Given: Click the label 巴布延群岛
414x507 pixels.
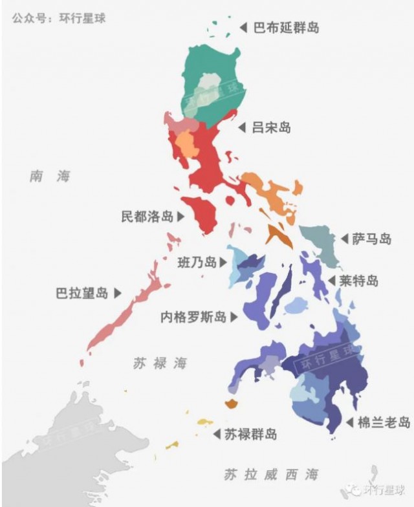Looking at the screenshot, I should coord(286,28).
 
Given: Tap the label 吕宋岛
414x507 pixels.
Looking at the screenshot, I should coord(271,127).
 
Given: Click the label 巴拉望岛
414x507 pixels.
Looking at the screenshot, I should coord(82,293).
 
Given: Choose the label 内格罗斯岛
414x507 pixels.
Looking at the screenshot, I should coord(193,317).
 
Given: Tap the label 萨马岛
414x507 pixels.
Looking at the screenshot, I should coord(372,239).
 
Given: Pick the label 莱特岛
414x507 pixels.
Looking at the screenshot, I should coord(359,281).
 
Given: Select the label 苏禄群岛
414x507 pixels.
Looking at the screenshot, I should coord(250,434).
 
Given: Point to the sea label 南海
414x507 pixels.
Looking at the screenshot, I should coord(50,176).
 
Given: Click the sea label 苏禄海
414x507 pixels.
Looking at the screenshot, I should coord(160,363).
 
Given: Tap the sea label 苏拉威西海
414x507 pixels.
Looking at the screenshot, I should coord(271,475).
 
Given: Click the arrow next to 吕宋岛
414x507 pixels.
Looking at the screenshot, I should coord(242,127).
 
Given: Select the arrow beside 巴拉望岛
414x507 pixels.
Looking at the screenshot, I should coord(118,293).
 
